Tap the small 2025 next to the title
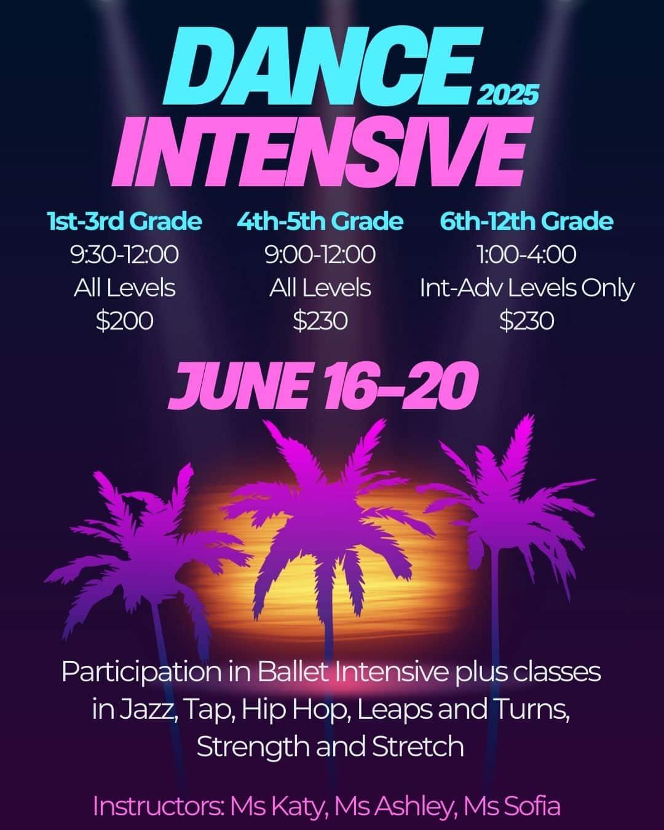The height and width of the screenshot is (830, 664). tap(507, 95)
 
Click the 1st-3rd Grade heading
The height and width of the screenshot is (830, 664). tap(124, 221)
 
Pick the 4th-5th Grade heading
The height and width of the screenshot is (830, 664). tap(320, 221)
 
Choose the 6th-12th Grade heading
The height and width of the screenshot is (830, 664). tap(526, 221)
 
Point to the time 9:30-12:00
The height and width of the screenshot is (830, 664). tap(124, 255)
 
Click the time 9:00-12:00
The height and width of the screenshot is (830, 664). tap(320, 255)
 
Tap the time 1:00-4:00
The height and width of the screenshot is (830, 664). tap(526, 255)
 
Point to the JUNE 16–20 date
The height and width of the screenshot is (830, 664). tap(323, 386)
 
